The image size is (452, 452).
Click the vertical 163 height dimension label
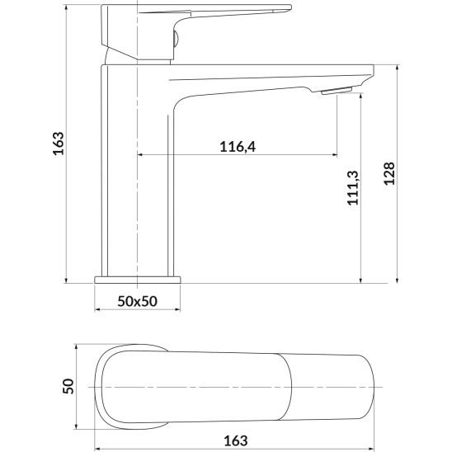point(59,144)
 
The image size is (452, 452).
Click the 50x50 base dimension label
point(138,302)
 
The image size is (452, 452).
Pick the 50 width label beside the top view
point(70,386)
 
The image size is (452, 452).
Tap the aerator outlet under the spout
point(337,92)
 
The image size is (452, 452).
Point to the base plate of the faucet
point(138,279)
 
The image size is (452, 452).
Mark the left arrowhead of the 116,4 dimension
point(141,154)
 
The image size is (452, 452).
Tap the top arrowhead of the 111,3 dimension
point(361,97)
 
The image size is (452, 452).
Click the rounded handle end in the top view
point(115,386)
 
